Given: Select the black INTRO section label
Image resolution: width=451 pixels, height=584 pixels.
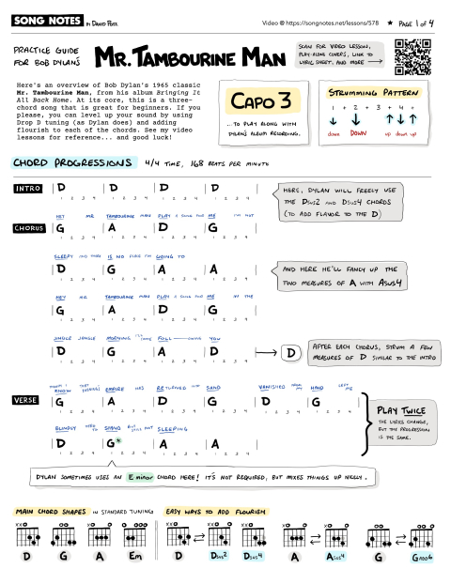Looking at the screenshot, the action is pos(28,189).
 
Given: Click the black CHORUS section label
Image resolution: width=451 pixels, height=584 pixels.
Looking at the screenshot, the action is pos(30,228).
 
